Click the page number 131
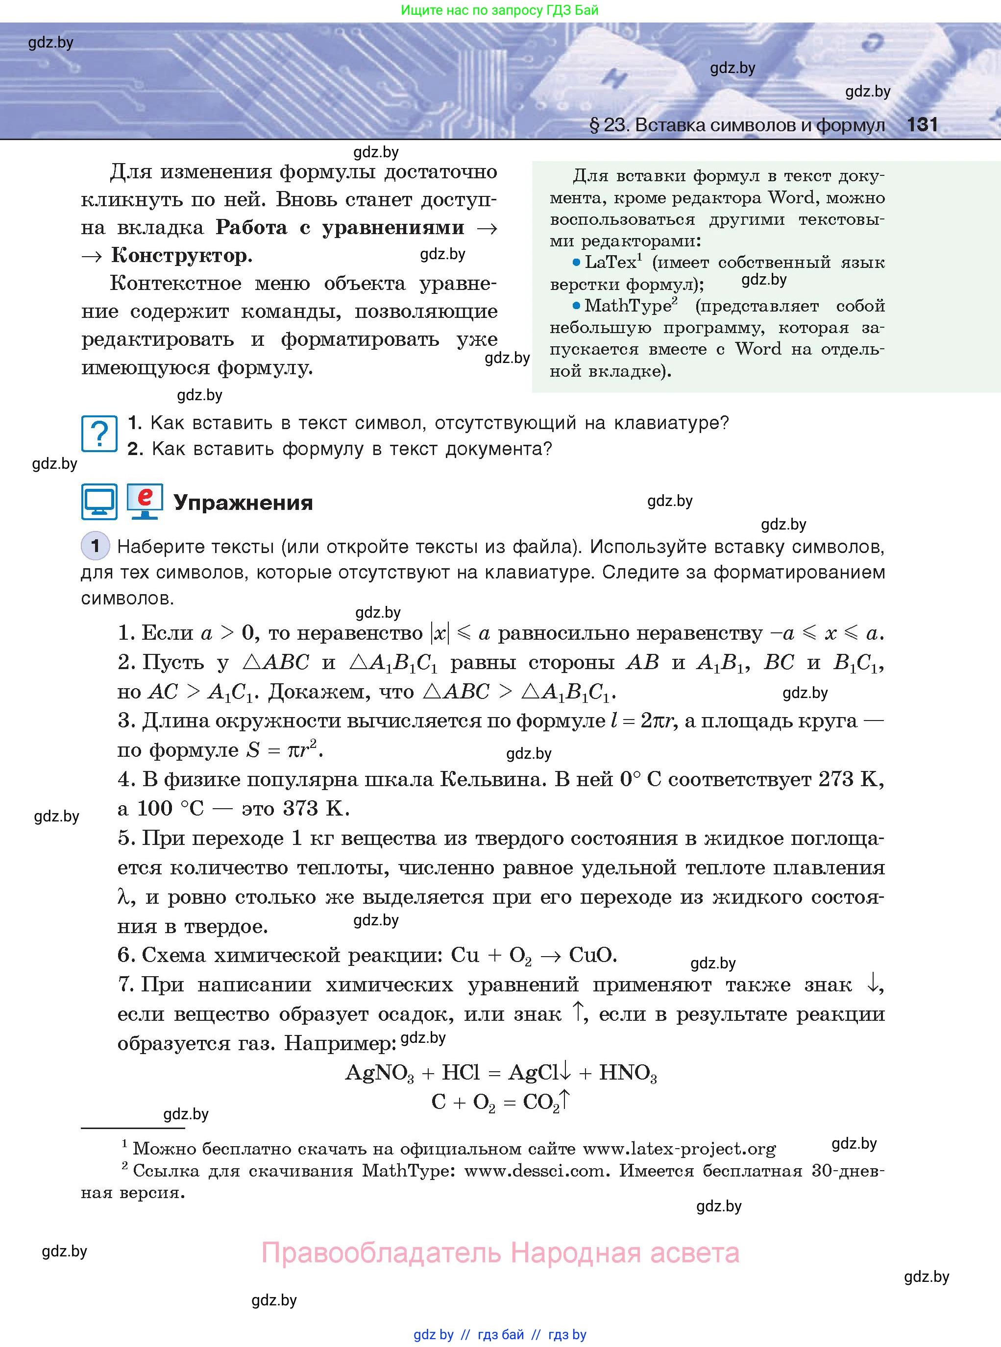click(x=922, y=125)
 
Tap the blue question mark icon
click(x=99, y=433)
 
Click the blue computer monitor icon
click(x=99, y=502)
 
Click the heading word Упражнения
click(x=243, y=503)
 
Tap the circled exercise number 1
click(x=95, y=546)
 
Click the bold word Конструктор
click(x=181, y=256)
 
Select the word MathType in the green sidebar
click(x=627, y=306)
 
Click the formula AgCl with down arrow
click(x=539, y=1073)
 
